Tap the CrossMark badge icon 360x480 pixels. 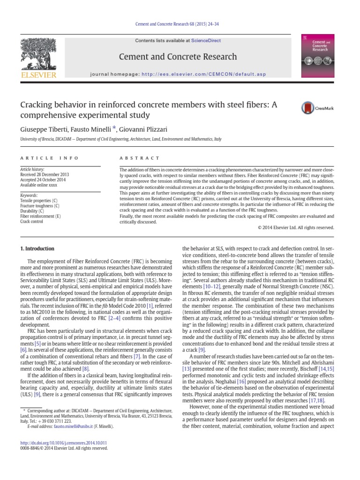[x=311, y=108]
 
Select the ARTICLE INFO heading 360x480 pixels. [x=49, y=158]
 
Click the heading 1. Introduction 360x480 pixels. [x=37, y=249]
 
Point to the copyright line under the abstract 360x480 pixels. [x=296, y=227]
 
